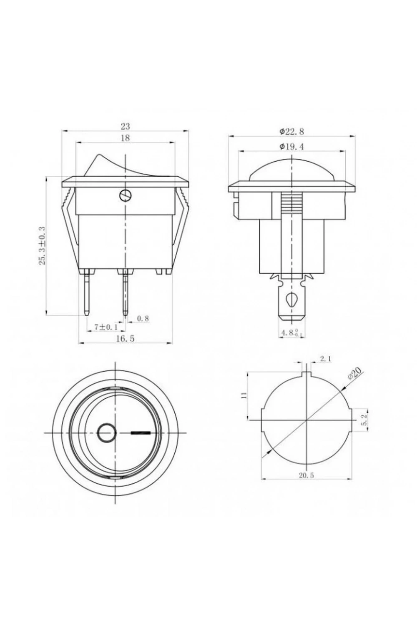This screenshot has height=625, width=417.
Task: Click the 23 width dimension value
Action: point(125,126)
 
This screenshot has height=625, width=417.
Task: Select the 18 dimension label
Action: point(126,138)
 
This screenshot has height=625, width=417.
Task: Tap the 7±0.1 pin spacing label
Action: point(106,327)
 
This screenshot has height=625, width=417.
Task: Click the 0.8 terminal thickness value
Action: point(143,318)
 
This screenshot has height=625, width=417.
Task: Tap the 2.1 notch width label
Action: point(325,359)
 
